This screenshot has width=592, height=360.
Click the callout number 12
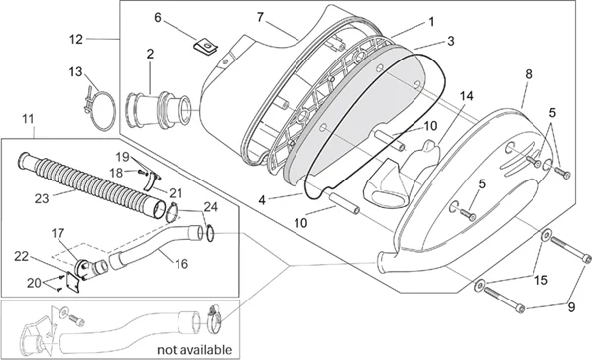[x=76, y=39]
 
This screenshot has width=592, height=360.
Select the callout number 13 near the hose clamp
[x=75, y=71]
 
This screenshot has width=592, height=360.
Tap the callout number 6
[x=158, y=18]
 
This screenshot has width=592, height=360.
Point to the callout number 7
[x=260, y=18]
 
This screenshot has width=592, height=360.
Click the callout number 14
[x=466, y=96]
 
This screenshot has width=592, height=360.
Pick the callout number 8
[x=529, y=74]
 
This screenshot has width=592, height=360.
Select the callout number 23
[x=42, y=198]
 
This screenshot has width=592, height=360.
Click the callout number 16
[x=181, y=264]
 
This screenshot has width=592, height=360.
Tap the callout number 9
[x=571, y=307]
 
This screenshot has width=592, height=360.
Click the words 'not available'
[x=194, y=350]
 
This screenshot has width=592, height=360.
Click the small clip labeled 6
[x=206, y=47]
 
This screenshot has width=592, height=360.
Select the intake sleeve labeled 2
[x=159, y=110]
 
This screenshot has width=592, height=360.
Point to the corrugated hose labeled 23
[x=90, y=185]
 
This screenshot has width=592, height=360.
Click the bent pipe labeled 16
[x=159, y=246]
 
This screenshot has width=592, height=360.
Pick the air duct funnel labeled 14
[x=402, y=172]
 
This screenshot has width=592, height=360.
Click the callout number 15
[x=541, y=280]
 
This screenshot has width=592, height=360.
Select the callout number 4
[x=262, y=200]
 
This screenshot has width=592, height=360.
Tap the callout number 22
[x=21, y=256]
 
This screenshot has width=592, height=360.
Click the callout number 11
[x=28, y=119]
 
